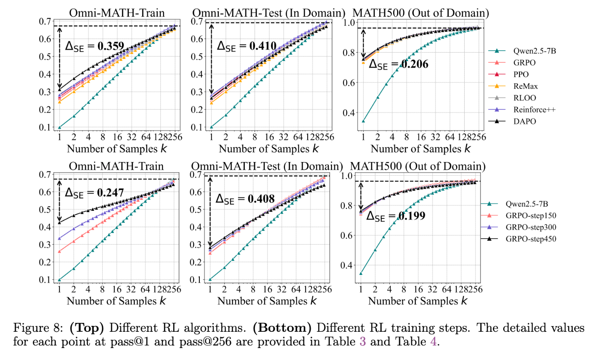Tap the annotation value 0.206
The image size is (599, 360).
[413, 65]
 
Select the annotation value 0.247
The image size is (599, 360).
[110, 192]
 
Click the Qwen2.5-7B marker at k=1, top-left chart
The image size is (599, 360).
[59, 127]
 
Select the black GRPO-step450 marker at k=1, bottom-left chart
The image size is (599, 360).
[59, 222]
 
